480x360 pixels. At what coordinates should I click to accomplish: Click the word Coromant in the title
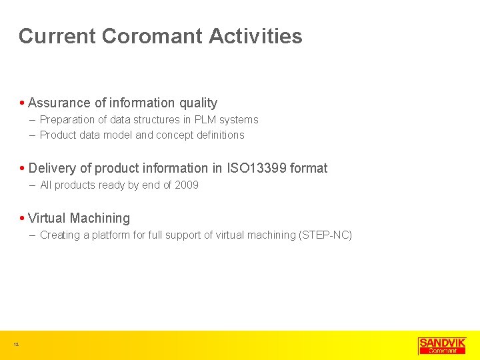click(x=152, y=36)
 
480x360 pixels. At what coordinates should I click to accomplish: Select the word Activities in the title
click(x=255, y=36)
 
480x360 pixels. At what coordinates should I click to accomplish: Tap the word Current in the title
click(x=57, y=36)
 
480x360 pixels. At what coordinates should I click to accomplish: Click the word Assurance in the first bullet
click(x=59, y=103)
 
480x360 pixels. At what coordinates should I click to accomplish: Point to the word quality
click(x=198, y=103)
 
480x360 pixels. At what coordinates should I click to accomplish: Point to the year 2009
click(x=187, y=185)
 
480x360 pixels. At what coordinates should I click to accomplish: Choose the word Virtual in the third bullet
click(x=47, y=218)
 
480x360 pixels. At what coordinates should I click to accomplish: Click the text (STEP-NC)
click(x=326, y=235)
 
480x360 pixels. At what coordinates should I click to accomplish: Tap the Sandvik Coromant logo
click(x=442, y=345)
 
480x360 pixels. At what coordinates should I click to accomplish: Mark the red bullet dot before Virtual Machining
click(x=23, y=219)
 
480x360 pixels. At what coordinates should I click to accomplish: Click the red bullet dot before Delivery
click(x=23, y=169)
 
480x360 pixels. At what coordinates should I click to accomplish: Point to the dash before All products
click(x=33, y=185)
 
